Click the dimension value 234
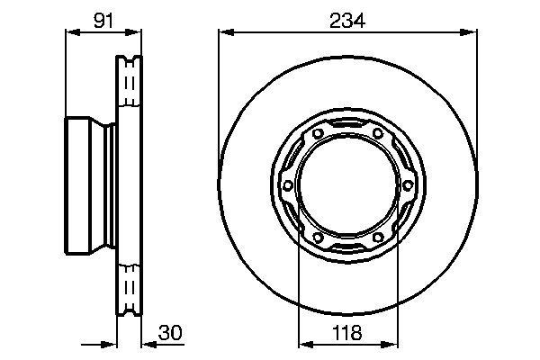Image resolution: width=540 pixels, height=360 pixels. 347,20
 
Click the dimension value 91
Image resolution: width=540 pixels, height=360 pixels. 103,20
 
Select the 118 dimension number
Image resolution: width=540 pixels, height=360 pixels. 347,330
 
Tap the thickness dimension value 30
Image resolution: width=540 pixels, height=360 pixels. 170,330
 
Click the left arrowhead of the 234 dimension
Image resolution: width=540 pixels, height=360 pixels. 225,33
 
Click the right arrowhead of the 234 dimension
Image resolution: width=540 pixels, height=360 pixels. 470,33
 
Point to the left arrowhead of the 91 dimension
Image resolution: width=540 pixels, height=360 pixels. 71,33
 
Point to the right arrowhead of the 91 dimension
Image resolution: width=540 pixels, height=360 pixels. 137,33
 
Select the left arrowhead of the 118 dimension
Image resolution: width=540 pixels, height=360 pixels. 303,343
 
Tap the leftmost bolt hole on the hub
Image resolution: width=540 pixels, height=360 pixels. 287,185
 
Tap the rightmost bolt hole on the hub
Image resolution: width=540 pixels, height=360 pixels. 408,185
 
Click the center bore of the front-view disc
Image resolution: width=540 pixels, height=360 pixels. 347,185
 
